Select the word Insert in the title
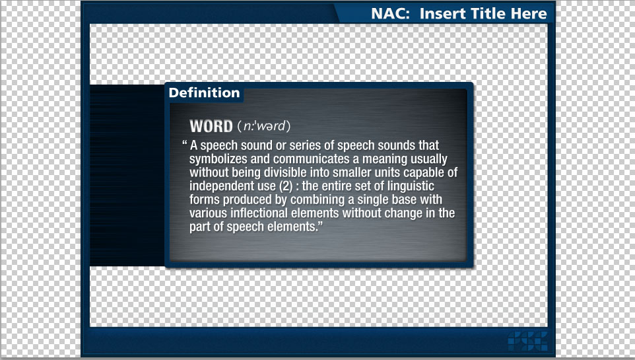442,14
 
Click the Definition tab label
204,93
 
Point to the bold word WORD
211,126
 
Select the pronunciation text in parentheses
263,126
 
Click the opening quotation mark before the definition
184,143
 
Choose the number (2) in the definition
286,186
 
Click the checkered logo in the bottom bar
527,341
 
